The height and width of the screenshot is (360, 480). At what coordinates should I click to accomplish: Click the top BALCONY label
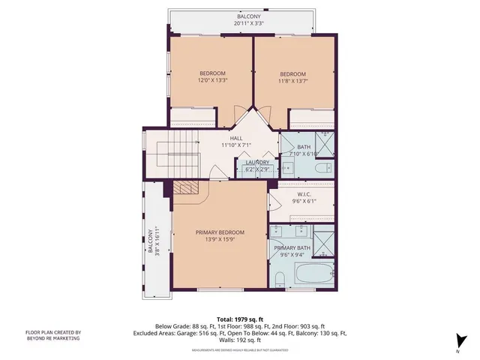tap(250, 16)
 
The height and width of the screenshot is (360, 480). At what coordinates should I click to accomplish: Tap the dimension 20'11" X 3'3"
tap(250, 24)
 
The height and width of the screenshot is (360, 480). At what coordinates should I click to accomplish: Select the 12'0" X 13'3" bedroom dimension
tap(212, 80)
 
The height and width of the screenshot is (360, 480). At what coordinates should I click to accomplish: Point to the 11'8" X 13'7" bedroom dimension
tap(294, 80)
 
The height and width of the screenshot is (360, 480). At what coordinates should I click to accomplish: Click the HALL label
tap(235, 138)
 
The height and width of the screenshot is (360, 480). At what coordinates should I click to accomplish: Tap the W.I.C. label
tap(301, 193)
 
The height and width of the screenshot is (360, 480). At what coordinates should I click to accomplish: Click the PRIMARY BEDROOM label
tap(220, 232)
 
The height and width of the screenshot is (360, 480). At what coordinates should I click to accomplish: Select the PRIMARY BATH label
tap(292, 247)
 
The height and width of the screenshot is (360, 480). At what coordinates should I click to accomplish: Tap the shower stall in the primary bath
tap(323, 243)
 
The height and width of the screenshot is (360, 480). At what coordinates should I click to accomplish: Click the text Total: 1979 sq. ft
tap(240, 319)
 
